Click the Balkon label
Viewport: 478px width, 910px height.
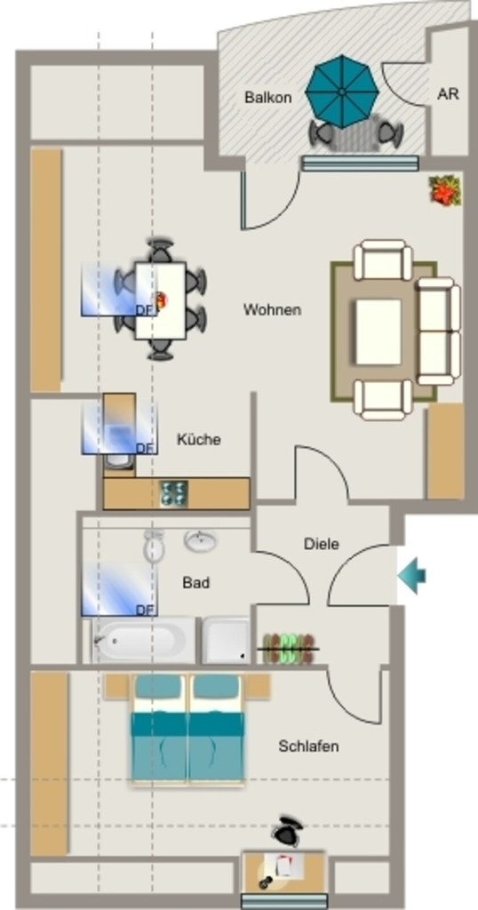[x=268, y=98]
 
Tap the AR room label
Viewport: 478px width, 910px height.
[x=448, y=94]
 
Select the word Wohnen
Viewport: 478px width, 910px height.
[x=272, y=309]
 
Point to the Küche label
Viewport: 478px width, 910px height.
[x=198, y=439]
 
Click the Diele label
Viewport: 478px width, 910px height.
[x=321, y=545]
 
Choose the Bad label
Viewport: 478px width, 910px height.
[x=195, y=583]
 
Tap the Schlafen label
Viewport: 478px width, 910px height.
[x=308, y=746]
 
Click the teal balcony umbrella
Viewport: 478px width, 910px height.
[x=342, y=92]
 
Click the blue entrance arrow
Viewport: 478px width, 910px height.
[x=412, y=576]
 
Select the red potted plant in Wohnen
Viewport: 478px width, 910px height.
[x=445, y=191]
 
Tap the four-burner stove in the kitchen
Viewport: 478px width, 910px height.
[x=174, y=494]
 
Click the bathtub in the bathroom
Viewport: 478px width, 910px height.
[x=143, y=640]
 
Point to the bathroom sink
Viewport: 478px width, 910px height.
[x=201, y=541]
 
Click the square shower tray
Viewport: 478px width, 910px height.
[x=227, y=640]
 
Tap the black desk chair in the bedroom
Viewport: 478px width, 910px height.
[x=288, y=831]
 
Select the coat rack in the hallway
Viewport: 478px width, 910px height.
[x=289, y=648]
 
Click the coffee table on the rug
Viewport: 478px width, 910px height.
[x=378, y=332]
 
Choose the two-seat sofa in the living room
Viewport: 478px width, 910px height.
[x=439, y=331]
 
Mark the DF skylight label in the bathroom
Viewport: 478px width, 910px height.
[x=145, y=610]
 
